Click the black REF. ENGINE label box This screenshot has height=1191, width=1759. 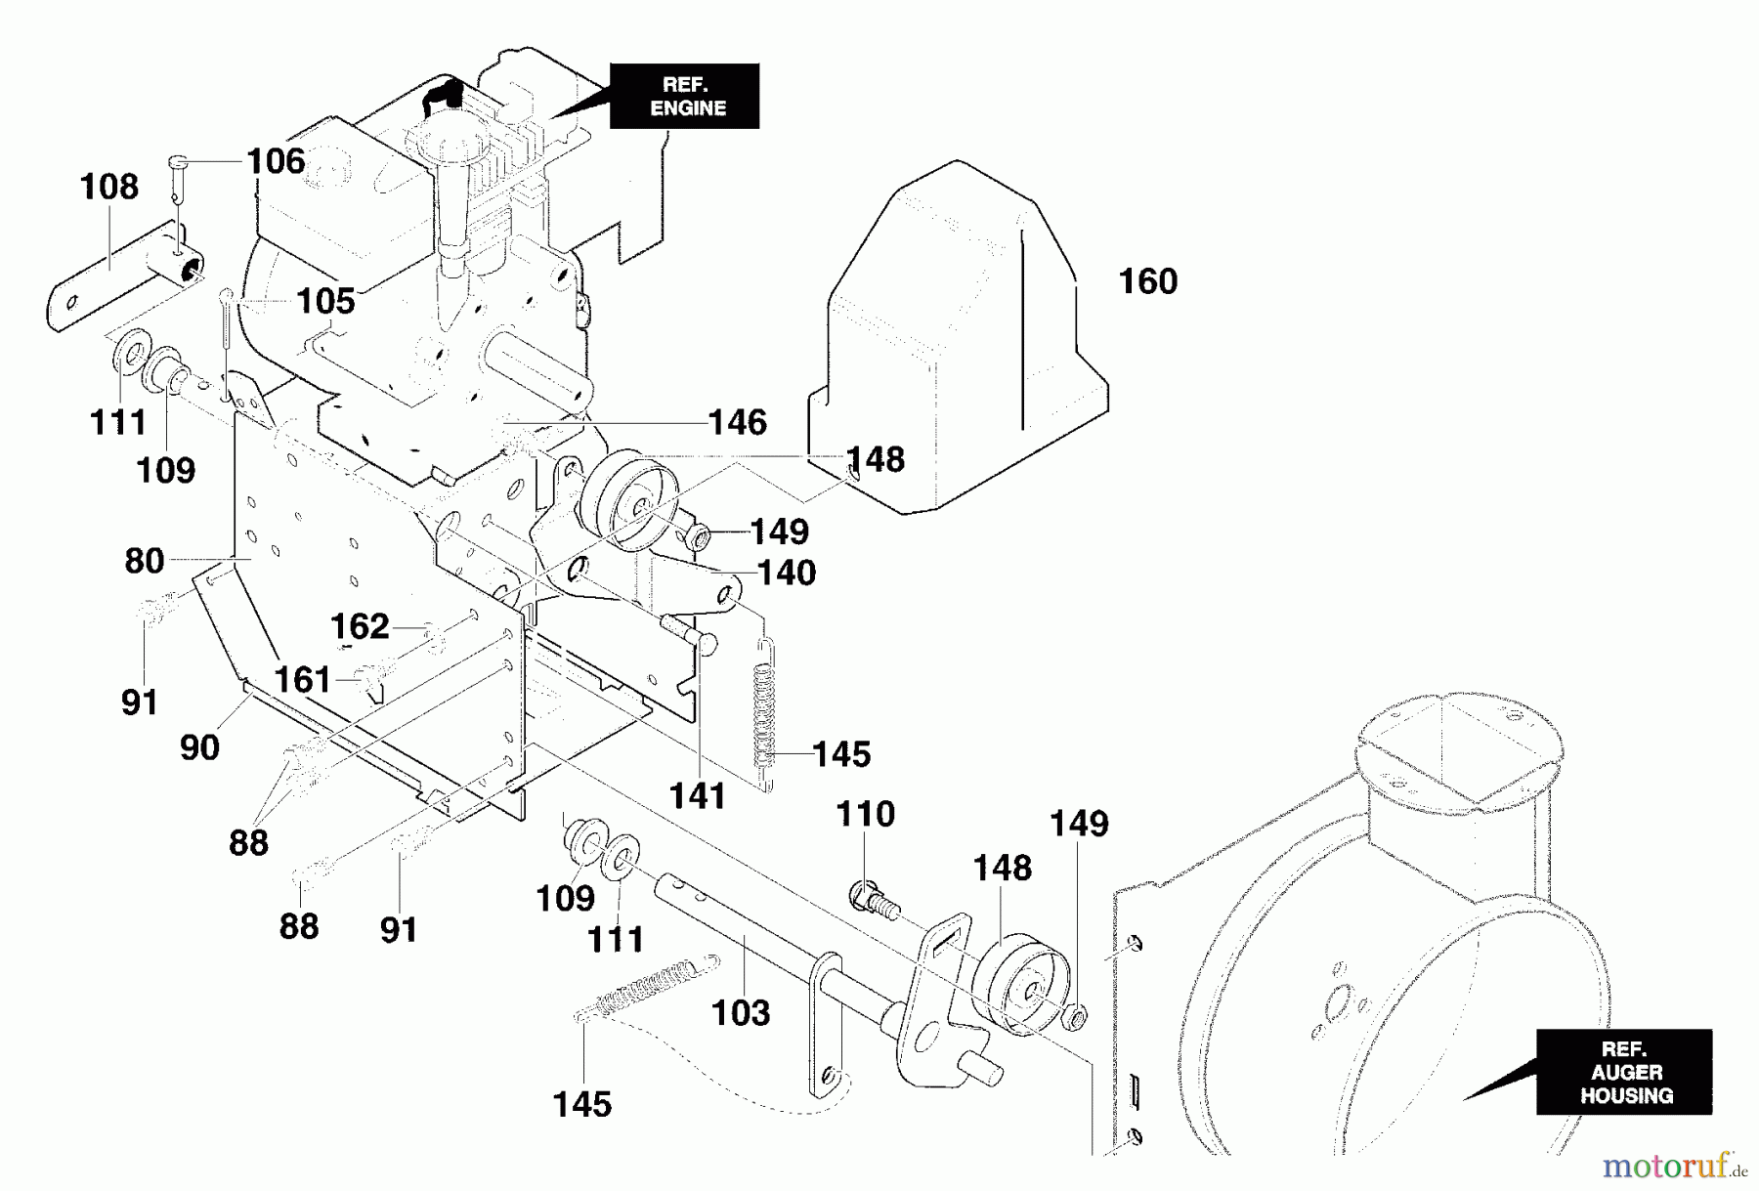click(684, 96)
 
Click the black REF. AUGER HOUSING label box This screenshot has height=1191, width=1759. click(1623, 1072)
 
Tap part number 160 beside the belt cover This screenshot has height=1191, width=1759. click(1147, 281)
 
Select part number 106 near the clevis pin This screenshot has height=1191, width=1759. click(276, 160)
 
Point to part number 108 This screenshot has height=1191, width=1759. click(109, 187)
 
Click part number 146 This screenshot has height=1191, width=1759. click(738, 422)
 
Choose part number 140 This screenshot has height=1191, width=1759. click(787, 573)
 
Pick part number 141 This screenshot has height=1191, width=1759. click(698, 796)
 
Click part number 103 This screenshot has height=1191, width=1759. click(742, 1013)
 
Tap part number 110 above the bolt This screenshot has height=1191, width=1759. click(866, 814)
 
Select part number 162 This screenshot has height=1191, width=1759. click(360, 626)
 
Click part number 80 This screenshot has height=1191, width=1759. click(145, 561)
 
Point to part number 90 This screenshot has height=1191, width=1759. click(199, 747)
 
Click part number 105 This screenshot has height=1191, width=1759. click(326, 301)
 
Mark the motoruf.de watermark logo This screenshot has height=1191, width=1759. click(1673, 1165)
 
